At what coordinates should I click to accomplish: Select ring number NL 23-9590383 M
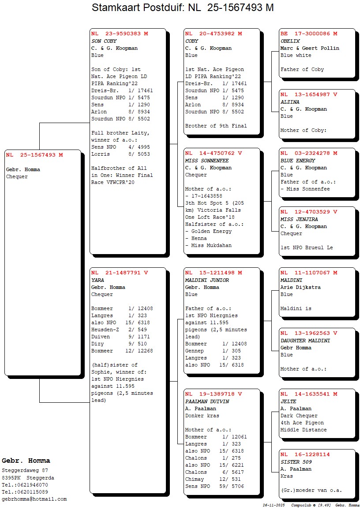[120, 34]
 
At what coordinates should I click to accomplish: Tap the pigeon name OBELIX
[290, 41]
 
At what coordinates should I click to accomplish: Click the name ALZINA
[290, 102]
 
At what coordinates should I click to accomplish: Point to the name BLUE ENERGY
[298, 161]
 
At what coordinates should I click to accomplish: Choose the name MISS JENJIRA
[299, 219]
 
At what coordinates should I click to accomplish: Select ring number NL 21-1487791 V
[120, 273]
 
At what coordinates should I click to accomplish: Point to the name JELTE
[289, 401]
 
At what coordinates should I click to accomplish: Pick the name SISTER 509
[296, 462]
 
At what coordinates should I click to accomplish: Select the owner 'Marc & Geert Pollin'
[310, 48]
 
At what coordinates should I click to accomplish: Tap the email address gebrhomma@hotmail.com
[34, 499]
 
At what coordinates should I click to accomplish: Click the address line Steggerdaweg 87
[25, 471]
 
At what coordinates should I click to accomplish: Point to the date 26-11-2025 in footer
[274, 505]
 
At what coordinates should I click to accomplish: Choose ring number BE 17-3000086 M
[309, 34]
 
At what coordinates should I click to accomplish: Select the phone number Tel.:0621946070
[25, 485]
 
